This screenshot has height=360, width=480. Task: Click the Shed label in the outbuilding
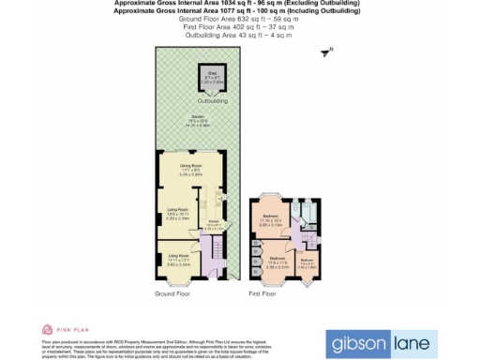tap(212, 74)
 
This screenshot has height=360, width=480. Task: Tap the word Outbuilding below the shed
tap(212, 98)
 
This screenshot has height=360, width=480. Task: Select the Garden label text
tap(199, 119)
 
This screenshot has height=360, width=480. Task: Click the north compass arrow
tap(326, 54)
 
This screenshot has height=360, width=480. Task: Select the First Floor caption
tap(262, 293)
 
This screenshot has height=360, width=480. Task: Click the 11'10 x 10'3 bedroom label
tap(270, 222)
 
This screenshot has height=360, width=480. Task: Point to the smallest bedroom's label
tap(307, 263)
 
